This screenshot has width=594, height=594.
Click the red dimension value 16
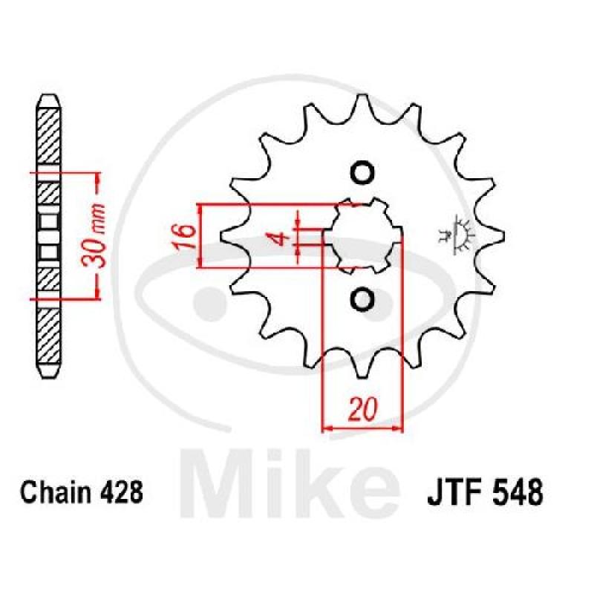pos(185,236)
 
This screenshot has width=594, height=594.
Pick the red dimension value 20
pos(363,409)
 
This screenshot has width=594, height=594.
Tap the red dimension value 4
pos(282,240)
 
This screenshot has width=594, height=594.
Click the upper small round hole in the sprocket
pos(362,173)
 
